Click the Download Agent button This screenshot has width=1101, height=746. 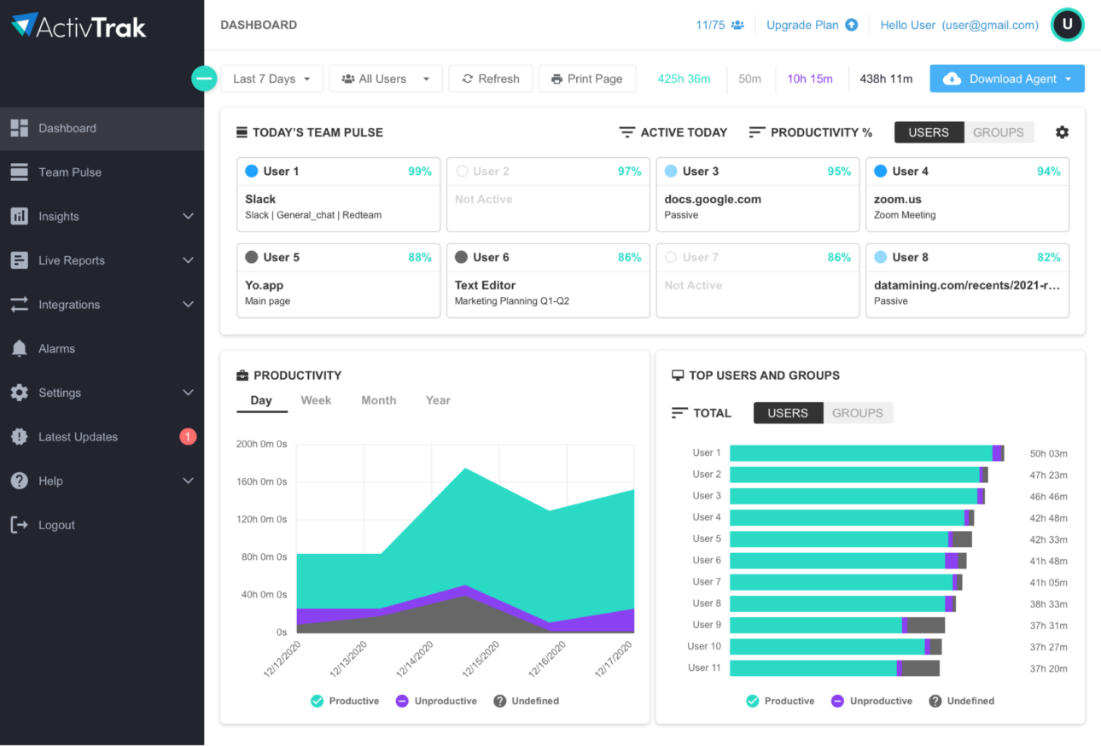1006,79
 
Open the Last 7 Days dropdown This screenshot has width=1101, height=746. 271,79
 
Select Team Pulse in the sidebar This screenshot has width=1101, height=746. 69,172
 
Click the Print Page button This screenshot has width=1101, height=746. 586,79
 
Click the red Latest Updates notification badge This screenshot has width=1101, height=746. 188,437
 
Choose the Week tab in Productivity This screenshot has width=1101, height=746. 316,400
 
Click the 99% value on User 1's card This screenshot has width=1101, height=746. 419,172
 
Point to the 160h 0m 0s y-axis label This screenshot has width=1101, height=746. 261,481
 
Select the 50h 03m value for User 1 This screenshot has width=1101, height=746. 1048,453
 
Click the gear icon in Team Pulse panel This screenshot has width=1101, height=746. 1062,132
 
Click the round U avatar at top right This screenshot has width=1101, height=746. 1067,25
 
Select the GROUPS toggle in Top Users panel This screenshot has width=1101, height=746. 857,413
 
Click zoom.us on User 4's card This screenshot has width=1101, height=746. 897,199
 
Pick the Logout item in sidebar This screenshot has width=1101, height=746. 56,525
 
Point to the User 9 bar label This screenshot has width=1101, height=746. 706,625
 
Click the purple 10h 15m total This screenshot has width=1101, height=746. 809,79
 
